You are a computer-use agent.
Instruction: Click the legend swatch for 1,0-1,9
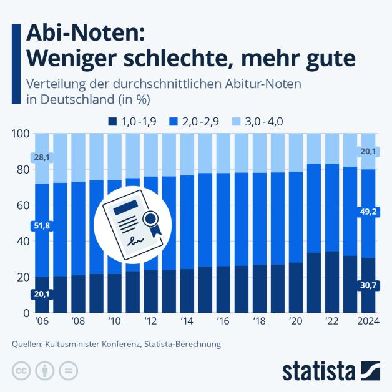tap(112, 122)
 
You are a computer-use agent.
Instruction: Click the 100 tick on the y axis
tap(21, 134)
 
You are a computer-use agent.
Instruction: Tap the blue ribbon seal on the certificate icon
tap(152, 220)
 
